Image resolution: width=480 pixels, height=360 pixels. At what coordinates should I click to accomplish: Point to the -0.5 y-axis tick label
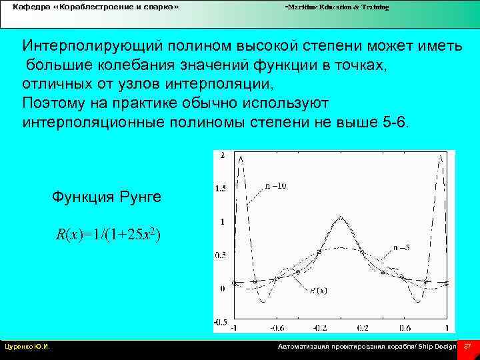pos(220,322)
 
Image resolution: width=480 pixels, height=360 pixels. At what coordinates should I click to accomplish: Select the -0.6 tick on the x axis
pos(277,329)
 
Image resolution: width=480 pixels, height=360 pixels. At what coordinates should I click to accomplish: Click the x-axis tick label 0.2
pos(362,329)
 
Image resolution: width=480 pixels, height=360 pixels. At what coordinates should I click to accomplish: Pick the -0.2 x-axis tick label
pos(319,329)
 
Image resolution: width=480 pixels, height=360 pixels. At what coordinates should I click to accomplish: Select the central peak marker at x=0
pos(341,218)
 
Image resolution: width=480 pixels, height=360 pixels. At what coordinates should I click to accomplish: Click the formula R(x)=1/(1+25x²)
pos(108,235)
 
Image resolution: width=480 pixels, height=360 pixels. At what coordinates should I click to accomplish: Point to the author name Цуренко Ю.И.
pos(28,347)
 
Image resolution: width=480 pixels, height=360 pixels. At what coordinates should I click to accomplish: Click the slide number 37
pos(467,347)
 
